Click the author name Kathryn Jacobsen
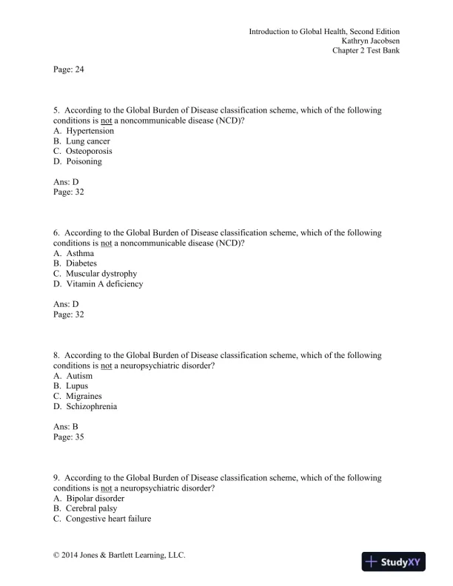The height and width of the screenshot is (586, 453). pos(370,41)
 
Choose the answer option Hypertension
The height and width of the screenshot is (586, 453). pos(89,131)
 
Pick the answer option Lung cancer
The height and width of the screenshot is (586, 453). pos(87,141)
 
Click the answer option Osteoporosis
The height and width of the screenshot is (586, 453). pos(89,151)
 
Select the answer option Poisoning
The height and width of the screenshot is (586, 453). pos(84,161)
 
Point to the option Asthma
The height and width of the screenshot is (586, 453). pos(80,253)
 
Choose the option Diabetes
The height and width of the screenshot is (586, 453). pos(81,263)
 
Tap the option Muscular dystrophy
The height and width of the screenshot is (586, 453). pos(101,274)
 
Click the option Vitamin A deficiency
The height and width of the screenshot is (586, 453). pos(104,283)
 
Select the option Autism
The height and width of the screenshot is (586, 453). pos(79,376)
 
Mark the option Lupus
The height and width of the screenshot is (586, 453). pos(77,385)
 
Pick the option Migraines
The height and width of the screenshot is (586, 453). pos(84,396)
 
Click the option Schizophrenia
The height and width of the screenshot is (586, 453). pos(91,406)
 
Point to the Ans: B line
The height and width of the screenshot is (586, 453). pos(66,427)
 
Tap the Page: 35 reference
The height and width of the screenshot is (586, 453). pos(69,437)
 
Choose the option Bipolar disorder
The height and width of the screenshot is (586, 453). pos(95,499)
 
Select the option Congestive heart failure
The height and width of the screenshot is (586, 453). pos(108,519)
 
